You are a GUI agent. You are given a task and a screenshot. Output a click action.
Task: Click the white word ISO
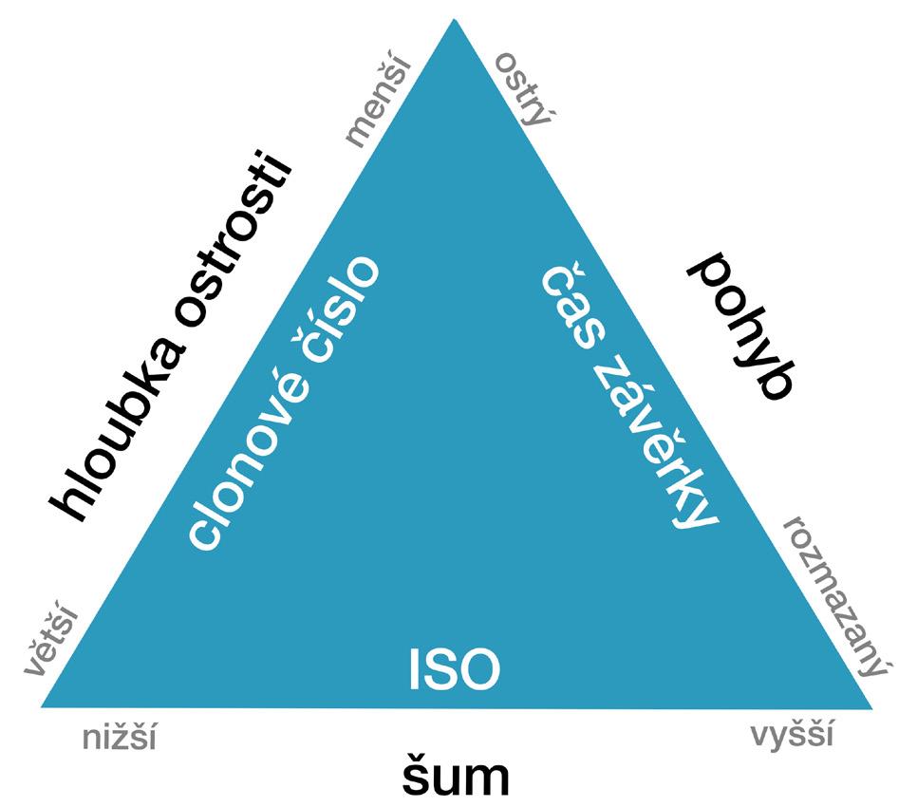(454, 670)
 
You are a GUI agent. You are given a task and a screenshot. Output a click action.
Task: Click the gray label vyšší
(792, 736)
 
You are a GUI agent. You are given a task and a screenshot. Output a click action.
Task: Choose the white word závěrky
(655, 446)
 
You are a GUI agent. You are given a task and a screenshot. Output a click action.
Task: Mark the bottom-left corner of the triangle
(42, 706)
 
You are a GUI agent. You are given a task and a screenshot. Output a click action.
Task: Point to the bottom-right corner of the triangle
(870, 707)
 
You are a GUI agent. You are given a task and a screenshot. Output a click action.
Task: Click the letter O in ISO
(480, 670)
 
